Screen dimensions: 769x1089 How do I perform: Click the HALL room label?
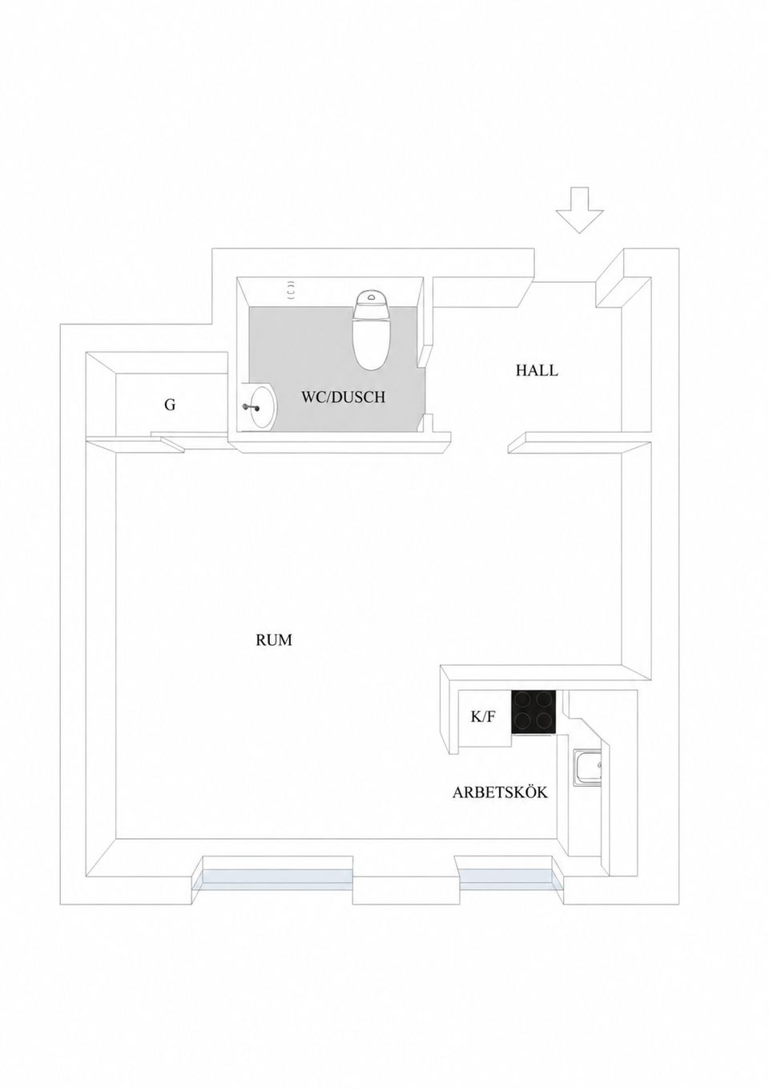[x=537, y=370]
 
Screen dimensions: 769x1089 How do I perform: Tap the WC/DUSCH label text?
[x=343, y=397]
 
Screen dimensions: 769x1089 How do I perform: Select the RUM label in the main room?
[x=274, y=640]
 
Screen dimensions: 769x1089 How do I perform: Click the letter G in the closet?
[x=170, y=405]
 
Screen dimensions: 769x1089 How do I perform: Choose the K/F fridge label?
[x=483, y=717]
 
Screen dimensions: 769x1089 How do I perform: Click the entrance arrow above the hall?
[x=580, y=210]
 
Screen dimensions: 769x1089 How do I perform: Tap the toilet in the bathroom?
[x=372, y=330]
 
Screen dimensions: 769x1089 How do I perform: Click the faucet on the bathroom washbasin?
[x=252, y=407]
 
